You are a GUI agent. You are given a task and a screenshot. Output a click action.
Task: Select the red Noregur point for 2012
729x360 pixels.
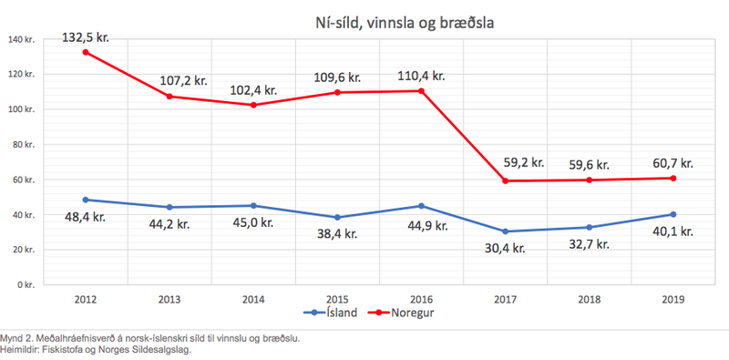coord(85,52)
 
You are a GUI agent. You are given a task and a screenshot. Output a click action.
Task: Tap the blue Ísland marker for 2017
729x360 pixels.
coord(506,231)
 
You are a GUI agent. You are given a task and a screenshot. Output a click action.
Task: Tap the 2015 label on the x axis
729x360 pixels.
coord(337,298)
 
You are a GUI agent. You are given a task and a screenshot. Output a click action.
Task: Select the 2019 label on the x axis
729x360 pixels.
coord(673,298)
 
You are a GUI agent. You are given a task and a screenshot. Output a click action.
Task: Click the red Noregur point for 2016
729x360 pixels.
coord(421,90)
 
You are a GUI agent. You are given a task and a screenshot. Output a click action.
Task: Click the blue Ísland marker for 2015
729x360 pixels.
coord(337,217)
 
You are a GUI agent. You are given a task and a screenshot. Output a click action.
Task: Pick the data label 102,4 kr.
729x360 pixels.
coord(252,90)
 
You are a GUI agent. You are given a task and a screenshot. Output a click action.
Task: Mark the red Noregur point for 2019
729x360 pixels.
coord(673,178)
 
